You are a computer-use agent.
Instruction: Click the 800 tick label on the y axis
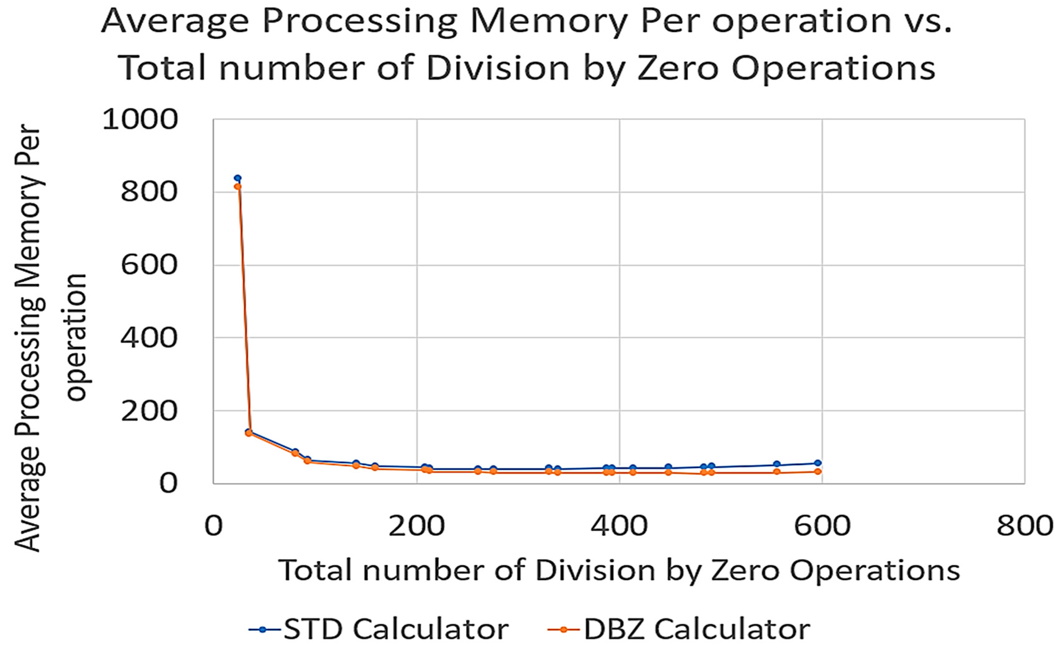click(x=149, y=192)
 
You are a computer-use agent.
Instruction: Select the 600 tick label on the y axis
click(x=149, y=265)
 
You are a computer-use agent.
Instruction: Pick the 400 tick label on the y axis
click(x=149, y=338)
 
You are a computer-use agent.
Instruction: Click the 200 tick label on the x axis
click(x=416, y=526)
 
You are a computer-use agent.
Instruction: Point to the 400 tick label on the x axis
click(x=619, y=526)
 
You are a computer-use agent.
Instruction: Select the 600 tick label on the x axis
click(x=822, y=526)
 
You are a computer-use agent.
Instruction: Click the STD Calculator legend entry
click(x=379, y=629)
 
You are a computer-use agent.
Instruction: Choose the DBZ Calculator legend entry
click(x=680, y=629)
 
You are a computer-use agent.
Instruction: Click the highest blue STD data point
click(x=237, y=178)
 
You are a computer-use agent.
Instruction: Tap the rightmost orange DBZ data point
click(x=818, y=472)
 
